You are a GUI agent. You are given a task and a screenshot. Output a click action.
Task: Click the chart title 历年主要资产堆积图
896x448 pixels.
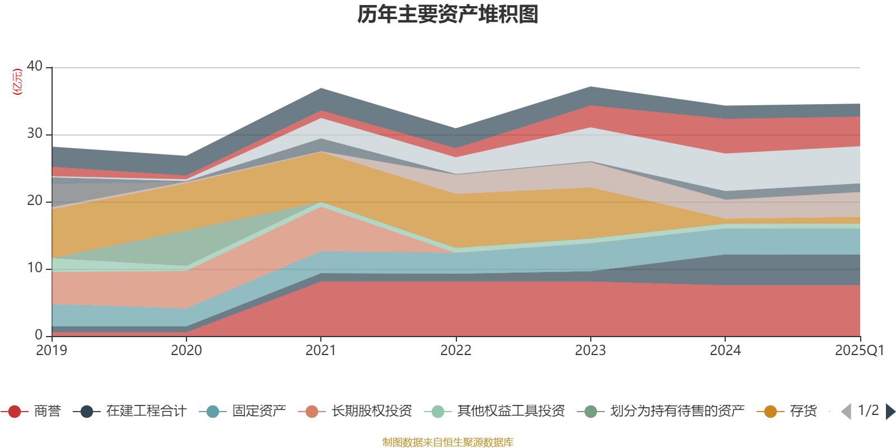[448, 15]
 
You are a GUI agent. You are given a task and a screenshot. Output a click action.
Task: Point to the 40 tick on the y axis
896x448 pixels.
[35, 66]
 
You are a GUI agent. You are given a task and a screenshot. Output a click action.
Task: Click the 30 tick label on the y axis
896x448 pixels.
[35, 133]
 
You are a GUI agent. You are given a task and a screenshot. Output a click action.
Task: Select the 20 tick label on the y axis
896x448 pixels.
[35, 200]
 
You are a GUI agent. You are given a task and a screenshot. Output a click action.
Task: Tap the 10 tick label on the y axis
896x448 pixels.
[35, 268]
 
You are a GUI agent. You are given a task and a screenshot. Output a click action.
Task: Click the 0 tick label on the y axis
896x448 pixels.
[39, 335]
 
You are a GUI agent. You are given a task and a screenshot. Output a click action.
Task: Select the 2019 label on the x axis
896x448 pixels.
[52, 351]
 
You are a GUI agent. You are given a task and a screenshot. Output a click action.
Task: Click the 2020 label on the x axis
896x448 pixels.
[186, 351]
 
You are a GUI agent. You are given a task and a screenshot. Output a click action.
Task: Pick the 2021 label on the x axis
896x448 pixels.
[321, 351]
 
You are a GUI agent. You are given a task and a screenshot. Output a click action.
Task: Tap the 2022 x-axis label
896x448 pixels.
[456, 351]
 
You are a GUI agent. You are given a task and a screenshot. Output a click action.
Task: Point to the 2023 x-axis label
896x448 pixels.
[590, 351]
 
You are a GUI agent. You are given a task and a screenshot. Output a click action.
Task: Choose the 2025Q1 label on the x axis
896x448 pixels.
[859, 351]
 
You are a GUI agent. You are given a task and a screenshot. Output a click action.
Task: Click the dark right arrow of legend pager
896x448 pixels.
[890, 412]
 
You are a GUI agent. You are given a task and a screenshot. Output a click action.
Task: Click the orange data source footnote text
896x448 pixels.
[447, 442]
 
